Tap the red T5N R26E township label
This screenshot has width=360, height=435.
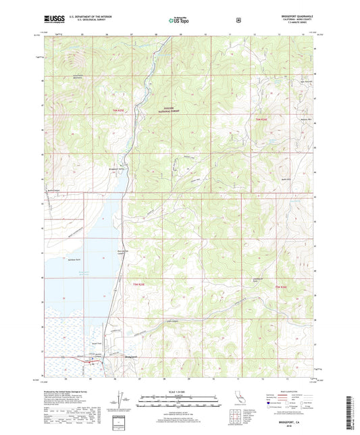point(282,288)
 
